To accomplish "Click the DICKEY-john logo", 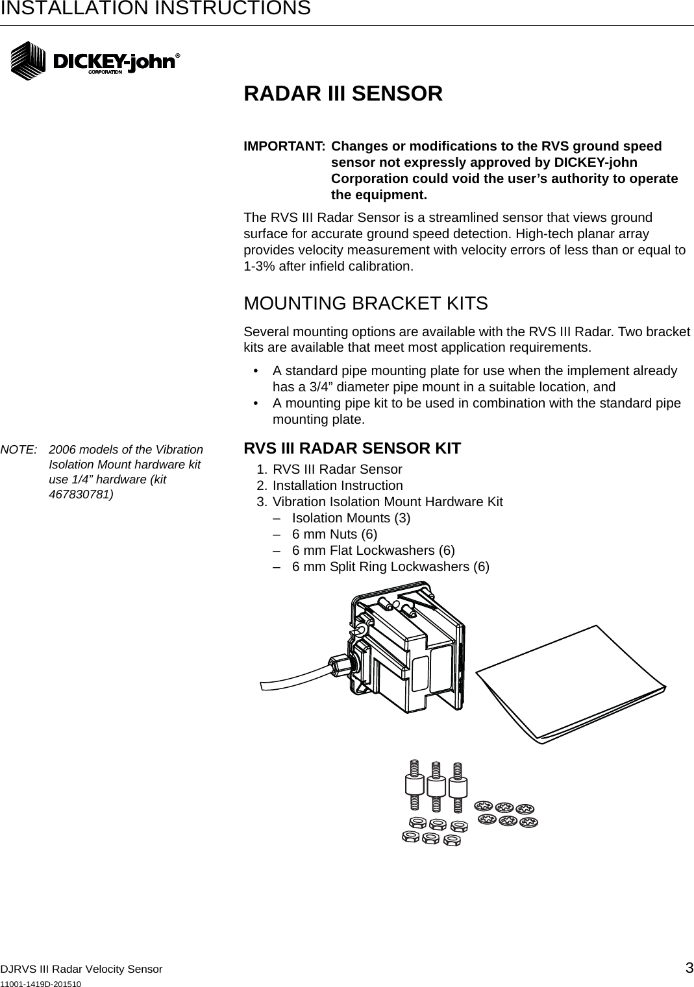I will click(x=95, y=61).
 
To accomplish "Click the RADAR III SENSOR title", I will click(x=343, y=93).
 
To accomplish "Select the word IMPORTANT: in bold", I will click(x=284, y=146).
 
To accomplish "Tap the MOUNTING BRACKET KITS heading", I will click(x=366, y=303).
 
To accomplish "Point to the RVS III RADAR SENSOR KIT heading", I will click(x=352, y=448).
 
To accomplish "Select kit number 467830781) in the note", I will click(x=81, y=494).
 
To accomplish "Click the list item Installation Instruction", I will click(x=337, y=485).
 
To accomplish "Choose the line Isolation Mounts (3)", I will click(x=351, y=518).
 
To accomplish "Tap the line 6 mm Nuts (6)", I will click(x=334, y=534).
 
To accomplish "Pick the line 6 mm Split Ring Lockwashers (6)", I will click(x=390, y=567).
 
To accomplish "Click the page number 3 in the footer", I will click(x=689, y=968).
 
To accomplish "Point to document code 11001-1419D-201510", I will click(x=41, y=984).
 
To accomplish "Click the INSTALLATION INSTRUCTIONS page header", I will click(x=155, y=8).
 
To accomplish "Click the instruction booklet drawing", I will click(x=571, y=685).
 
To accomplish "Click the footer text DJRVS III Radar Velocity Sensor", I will click(x=81, y=969).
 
